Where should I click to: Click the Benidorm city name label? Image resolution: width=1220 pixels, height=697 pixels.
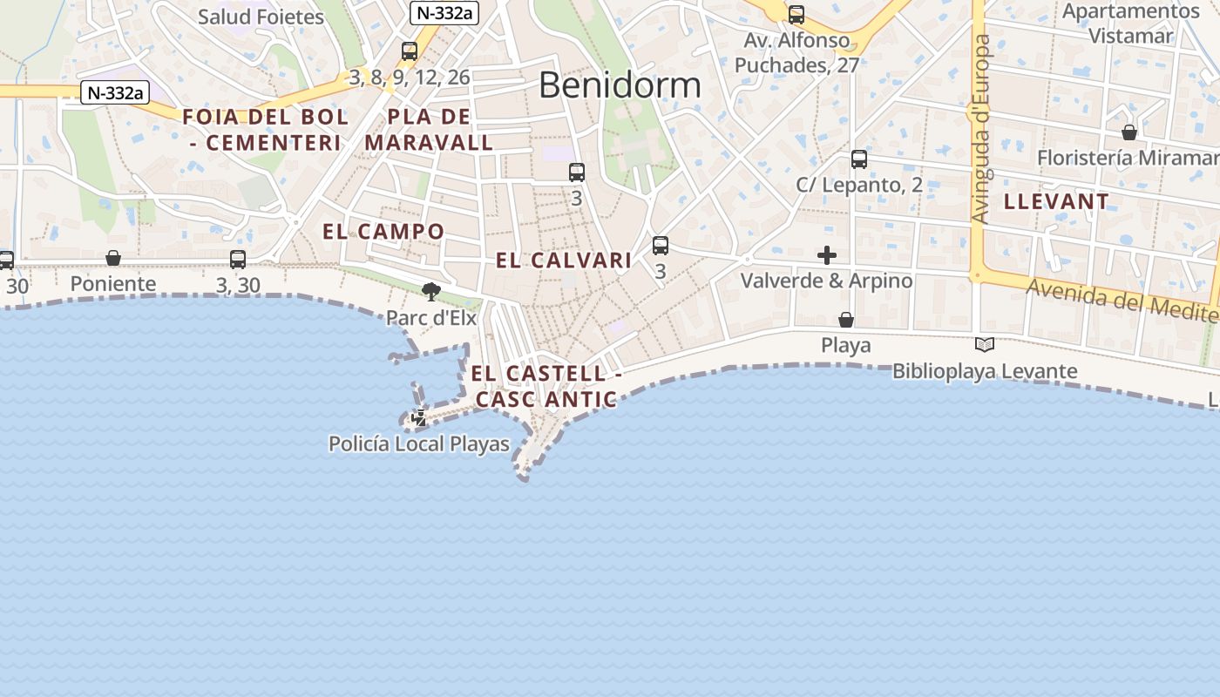pos(620,85)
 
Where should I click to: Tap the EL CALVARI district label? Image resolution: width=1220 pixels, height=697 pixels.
pos(564,260)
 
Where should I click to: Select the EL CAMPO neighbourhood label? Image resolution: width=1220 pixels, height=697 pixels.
pos(383,232)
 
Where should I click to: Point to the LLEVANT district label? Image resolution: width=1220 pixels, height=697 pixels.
pos(1056,201)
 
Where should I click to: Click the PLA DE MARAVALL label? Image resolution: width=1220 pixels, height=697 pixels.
pos(429,130)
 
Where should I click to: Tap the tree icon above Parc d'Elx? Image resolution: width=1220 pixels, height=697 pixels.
pos(430,291)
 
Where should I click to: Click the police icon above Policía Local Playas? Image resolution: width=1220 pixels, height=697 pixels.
pos(419,418)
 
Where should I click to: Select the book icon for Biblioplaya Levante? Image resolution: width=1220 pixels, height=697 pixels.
pos(985,345)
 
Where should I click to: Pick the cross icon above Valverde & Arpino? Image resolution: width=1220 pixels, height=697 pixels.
pos(827,255)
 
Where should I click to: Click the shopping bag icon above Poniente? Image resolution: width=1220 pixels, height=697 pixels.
pos(113,258)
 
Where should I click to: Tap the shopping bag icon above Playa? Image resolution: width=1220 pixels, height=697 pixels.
pos(845,320)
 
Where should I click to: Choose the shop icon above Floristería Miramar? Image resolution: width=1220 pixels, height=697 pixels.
pos(1129,132)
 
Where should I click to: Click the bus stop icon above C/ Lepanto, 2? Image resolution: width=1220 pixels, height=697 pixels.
pos(859,159)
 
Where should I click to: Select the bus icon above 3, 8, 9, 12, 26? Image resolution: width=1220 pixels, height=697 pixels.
pos(410,51)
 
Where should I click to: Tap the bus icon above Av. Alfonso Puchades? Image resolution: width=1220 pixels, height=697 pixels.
pos(796,15)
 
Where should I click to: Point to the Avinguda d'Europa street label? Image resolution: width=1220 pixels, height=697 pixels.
pos(983,129)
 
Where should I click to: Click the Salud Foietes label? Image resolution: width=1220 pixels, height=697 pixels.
pos(261,17)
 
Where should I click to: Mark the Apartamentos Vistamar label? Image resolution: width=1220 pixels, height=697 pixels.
pos(1131,24)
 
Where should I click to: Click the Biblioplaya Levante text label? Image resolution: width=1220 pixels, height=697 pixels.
pos(985,371)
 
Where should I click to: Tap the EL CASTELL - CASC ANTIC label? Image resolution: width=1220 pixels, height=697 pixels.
pos(546,386)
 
